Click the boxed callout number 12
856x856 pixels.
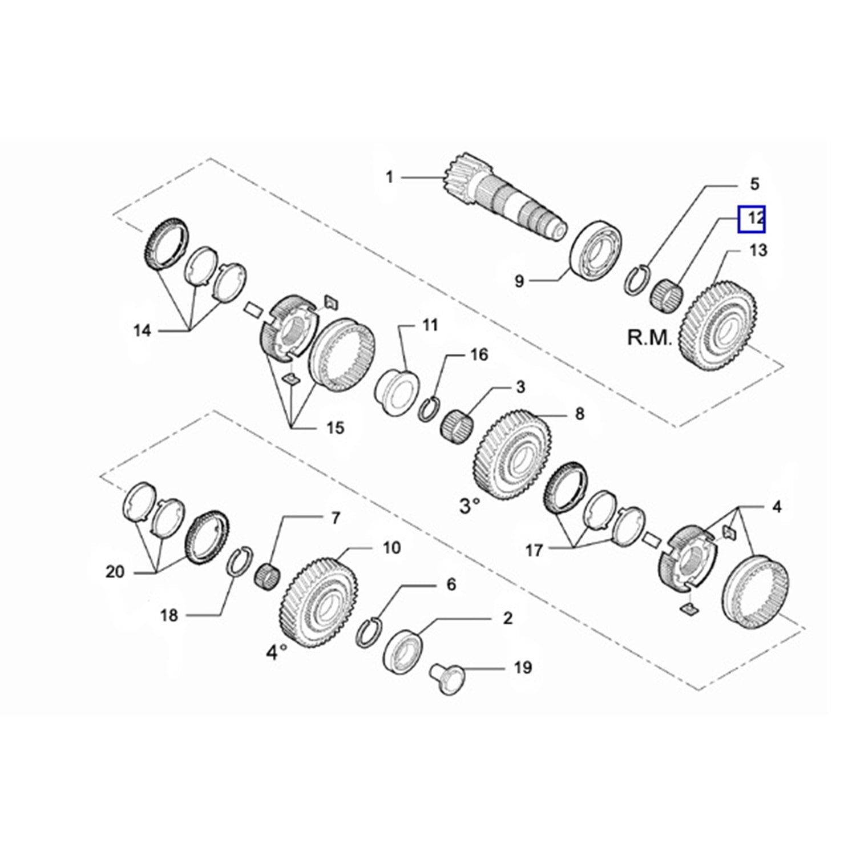pos(752,219)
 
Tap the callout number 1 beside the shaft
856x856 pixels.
pos(389,177)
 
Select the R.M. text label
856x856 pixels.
pos(650,337)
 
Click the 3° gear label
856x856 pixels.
pos(470,505)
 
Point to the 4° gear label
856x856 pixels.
pos(276,651)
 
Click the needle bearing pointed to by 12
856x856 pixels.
pos(667,294)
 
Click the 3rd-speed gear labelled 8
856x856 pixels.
pos(512,454)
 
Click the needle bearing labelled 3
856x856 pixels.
pos(459,425)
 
